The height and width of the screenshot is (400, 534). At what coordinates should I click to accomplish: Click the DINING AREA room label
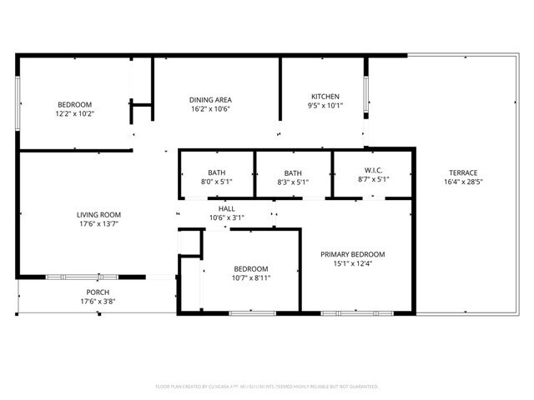210,99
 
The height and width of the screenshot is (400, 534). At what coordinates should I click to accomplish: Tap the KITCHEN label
325,96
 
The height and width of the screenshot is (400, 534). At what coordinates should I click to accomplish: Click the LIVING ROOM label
99,214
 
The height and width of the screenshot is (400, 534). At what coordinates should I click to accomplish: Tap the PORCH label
98,292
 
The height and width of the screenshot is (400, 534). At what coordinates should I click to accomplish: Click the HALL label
227,208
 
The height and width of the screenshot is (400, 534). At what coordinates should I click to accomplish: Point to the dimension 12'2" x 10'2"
75,113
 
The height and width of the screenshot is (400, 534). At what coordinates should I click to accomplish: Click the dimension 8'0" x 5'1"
216,181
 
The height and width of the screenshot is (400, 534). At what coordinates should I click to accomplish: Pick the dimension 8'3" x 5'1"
293,181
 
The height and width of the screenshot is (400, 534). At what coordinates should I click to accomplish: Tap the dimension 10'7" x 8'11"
251,278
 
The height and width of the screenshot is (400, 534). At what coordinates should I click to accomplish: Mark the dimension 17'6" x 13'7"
99,223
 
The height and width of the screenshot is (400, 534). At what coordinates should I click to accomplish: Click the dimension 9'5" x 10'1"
325,106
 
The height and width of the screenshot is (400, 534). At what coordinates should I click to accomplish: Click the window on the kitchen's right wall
365,97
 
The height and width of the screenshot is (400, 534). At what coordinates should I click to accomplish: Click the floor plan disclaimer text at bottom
267,387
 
